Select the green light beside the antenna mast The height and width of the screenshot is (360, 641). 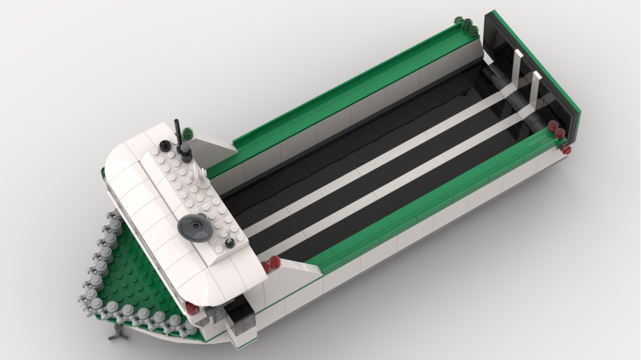tap(188, 133)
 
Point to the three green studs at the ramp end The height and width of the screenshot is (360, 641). tap(466, 25)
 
